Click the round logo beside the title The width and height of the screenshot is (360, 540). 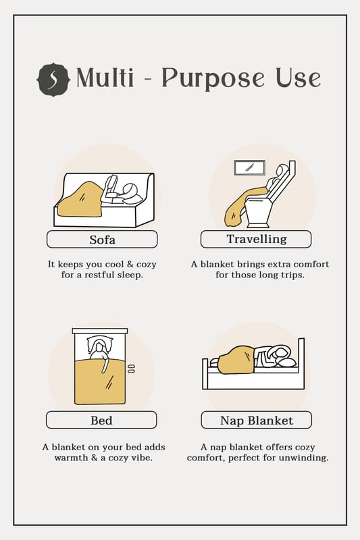(53, 80)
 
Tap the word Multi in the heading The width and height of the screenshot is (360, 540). (105, 78)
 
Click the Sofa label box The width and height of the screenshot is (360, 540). (102, 240)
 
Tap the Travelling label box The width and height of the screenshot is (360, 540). (256, 239)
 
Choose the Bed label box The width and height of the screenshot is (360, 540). (101, 420)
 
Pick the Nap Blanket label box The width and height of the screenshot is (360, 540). (256, 420)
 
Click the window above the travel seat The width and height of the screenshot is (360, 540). (250, 167)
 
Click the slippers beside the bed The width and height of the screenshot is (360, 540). (131, 369)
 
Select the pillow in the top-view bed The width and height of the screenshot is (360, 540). (100, 344)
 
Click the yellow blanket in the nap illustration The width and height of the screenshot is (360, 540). (236, 360)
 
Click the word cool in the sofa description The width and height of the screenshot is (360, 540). (114, 264)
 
